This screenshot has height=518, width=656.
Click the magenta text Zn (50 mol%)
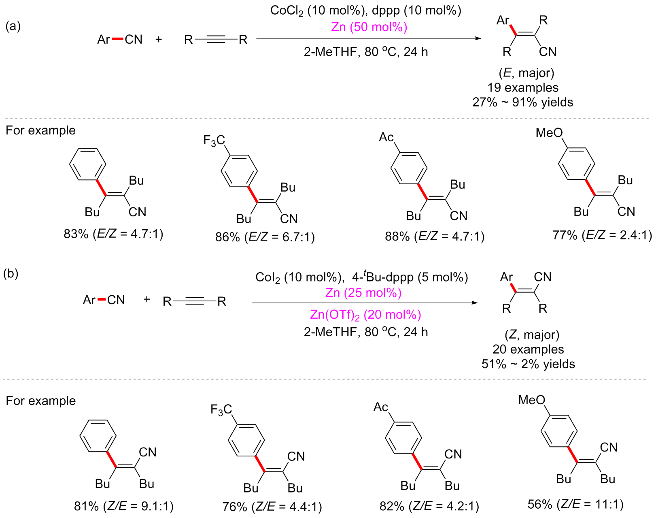(x=369, y=27)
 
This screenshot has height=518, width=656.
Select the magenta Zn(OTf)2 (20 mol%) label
(x=365, y=315)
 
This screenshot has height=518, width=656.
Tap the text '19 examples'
(x=523, y=87)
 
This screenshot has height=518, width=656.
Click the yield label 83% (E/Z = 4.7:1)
(x=113, y=234)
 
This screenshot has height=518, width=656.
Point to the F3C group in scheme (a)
(x=214, y=141)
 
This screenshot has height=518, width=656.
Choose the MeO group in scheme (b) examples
(x=531, y=400)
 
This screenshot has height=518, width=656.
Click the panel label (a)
(x=13, y=26)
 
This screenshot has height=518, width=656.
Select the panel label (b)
(x=11, y=274)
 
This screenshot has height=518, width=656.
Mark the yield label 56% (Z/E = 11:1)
(x=575, y=504)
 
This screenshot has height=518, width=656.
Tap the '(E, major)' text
(x=526, y=73)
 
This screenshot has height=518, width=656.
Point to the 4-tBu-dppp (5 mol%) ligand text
(x=410, y=277)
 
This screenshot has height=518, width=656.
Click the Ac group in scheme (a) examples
(x=386, y=137)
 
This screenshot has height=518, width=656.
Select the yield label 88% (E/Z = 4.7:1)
(x=434, y=236)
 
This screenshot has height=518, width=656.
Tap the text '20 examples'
(x=528, y=349)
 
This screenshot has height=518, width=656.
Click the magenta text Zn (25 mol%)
(x=363, y=292)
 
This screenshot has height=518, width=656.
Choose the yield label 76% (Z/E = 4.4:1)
(x=272, y=507)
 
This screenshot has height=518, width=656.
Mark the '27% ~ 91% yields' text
(x=522, y=102)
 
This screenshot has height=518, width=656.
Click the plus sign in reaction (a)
(x=159, y=39)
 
